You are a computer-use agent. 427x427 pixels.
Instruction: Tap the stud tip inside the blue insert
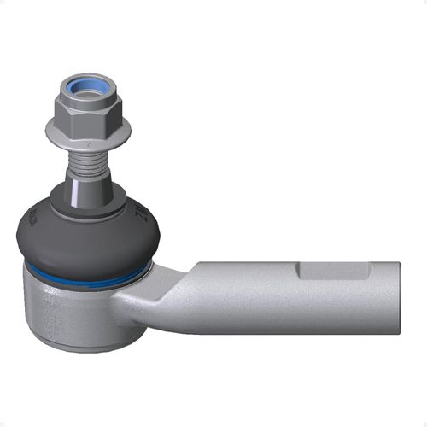tap(88, 86)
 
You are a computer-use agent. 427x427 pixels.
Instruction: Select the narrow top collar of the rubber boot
tap(88, 201)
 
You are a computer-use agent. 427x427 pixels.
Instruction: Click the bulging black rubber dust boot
tap(85, 239)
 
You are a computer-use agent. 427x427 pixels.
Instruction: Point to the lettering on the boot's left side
tap(32, 217)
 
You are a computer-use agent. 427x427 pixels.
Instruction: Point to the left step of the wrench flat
tap(300, 271)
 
